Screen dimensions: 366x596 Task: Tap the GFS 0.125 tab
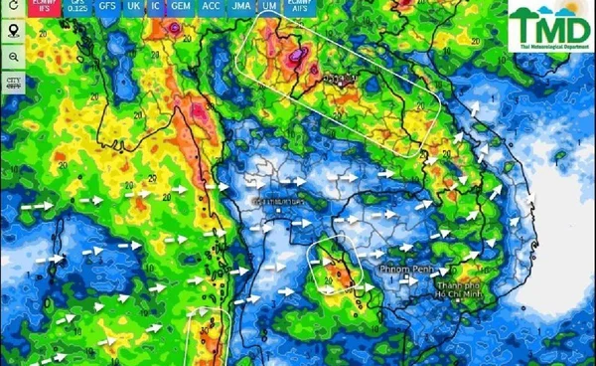75,7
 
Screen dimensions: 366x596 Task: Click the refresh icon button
14,10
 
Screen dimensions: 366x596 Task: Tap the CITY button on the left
14,82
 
